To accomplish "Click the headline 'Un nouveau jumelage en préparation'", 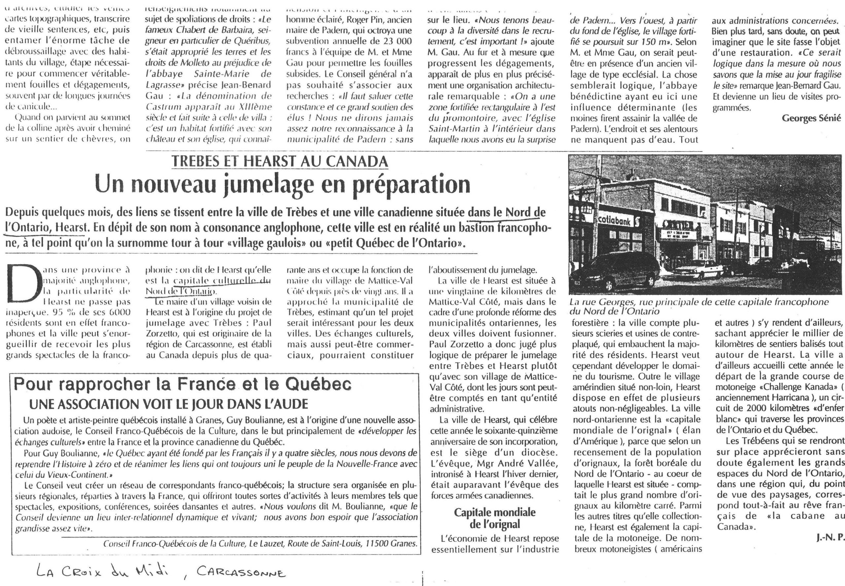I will pyautogui.click(x=282, y=185).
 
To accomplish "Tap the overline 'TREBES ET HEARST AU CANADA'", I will pyautogui.click(x=280, y=161).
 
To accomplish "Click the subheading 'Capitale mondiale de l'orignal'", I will pyautogui.click(x=494, y=518).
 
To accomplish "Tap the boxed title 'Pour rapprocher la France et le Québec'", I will pyautogui.click(x=183, y=385).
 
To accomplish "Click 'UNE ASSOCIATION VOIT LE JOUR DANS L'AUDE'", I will pyautogui.click(x=168, y=404).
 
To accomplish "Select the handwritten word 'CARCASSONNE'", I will pyautogui.click(x=241, y=572).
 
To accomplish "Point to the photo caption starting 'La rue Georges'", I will pyautogui.click(x=698, y=307).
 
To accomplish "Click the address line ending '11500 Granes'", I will pyautogui.click(x=260, y=544).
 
